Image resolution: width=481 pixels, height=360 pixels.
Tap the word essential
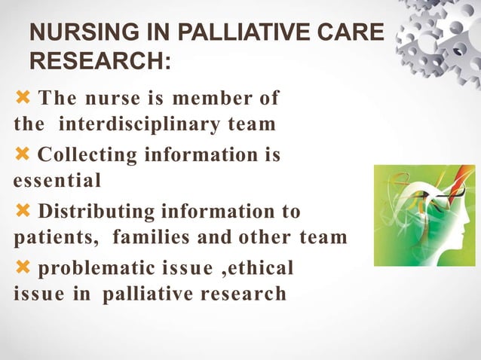coord(57,181)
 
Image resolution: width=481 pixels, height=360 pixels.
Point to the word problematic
coord(92,267)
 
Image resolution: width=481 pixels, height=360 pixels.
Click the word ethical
coord(258,267)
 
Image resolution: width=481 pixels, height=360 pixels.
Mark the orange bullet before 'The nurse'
coord(23,97)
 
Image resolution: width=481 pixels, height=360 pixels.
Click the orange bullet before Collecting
coord(23,154)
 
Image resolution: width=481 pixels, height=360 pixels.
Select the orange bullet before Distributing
coord(23,210)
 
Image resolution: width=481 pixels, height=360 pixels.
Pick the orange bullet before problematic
coord(23,267)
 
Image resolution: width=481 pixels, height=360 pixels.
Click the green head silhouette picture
coord(424,215)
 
